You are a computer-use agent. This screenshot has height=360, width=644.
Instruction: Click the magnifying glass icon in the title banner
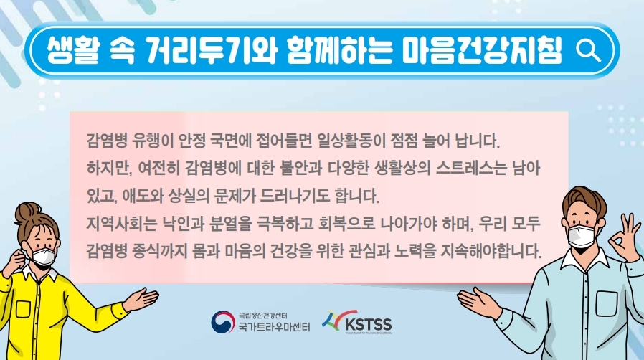[588, 51]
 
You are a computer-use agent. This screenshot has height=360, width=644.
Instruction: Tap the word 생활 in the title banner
[72, 50]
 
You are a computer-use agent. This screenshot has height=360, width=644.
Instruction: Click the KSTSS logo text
[368, 324]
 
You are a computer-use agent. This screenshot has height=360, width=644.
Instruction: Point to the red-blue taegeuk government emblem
[223, 322]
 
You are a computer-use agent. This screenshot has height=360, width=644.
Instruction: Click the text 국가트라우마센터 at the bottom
[275, 326]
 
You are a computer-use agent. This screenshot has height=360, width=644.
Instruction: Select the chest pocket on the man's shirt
[607, 305]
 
